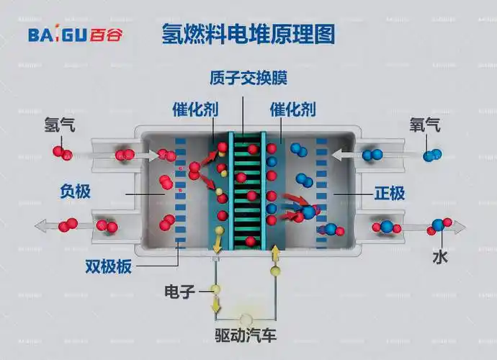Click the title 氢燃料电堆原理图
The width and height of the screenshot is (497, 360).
[x=248, y=34]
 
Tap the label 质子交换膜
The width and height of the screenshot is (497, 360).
[x=243, y=77]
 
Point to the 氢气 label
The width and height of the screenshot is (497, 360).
[x=59, y=126]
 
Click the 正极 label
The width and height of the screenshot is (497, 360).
[x=390, y=193]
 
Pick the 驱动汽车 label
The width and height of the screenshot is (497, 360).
[x=246, y=336]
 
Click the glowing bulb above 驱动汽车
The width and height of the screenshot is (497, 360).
[x=246, y=320]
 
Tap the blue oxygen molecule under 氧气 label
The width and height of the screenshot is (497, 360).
[x=433, y=154]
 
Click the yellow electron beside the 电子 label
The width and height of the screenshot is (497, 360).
[x=214, y=290]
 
